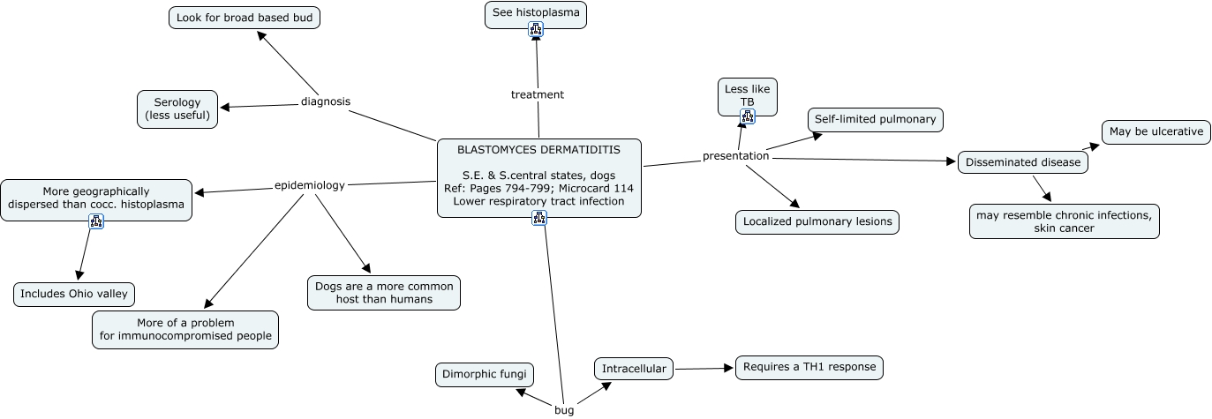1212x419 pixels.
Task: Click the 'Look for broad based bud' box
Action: (244, 18)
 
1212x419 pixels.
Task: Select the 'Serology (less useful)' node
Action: (177, 108)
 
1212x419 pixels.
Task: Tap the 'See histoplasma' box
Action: (535, 13)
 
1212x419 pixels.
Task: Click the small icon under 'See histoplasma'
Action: (536, 30)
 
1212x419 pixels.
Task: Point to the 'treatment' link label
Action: (537, 94)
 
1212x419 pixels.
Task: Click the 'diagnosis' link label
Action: (325, 101)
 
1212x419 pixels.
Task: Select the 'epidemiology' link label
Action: (309, 185)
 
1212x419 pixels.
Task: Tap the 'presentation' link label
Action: (735, 156)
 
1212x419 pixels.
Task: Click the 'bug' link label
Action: (564, 410)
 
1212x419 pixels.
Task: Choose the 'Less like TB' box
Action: (747, 94)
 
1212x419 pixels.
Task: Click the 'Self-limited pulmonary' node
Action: (876, 119)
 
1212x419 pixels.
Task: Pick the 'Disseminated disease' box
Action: (1022, 162)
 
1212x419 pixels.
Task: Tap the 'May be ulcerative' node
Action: (1156, 131)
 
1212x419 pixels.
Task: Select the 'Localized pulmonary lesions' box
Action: (817, 222)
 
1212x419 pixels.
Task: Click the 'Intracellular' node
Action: (633, 369)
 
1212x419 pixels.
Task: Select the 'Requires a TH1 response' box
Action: (809, 367)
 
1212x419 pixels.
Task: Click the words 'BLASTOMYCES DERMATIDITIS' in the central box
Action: (538, 150)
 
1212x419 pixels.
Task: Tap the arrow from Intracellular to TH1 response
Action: (704, 368)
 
